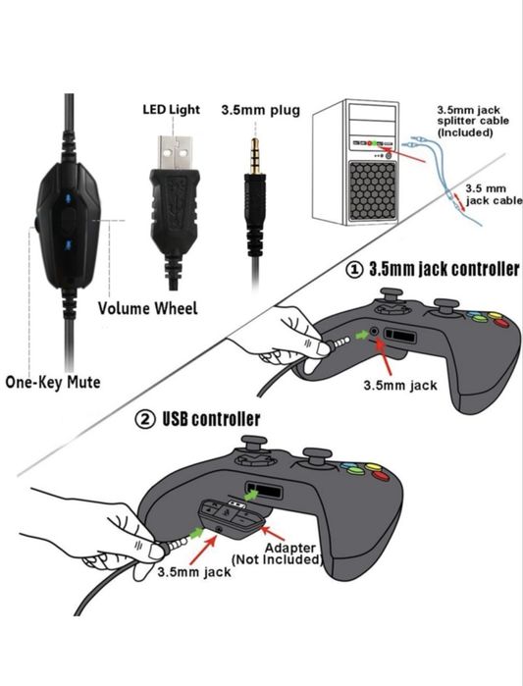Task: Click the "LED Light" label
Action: pyautogui.click(x=171, y=109)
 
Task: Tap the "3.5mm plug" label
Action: pyautogui.click(x=261, y=110)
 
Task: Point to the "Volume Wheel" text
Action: pyautogui.click(x=148, y=308)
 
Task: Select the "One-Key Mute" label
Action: pyautogui.click(x=52, y=382)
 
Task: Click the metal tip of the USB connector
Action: pyautogui.click(x=175, y=153)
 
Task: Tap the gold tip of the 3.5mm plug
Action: pyautogui.click(x=254, y=155)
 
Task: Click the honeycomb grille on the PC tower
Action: pyautogui.click(x=372, y=191)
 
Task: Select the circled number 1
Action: pyautogui.click(x=354, y=269)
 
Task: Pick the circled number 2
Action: pyautogui.click(x=145, y=420)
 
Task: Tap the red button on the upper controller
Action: pyautogui.click(x=501, y=323)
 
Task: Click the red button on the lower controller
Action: pyautogui.click(x=382, y=476)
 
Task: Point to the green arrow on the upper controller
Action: pyautogui.click(x=362, y=335)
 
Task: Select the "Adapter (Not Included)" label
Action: pyautogui.click(x=277, y=554)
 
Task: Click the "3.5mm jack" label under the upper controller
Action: pyautogui.click(x=400, y=386)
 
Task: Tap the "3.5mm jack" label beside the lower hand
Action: pyautogui.click(x=194, y=572)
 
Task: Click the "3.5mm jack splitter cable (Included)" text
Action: pyautogui.click(x=473, y=121)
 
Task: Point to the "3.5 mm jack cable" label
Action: pyautogui.click(x=494, y=194)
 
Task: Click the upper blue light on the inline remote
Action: pyautogui.click(x=69, y=199)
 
